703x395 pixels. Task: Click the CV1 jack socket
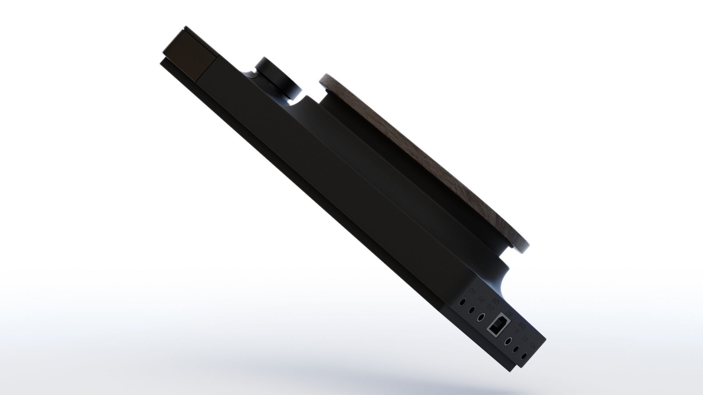click(x=463, y=302)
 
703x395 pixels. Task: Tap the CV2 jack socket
click(x=472, y=310)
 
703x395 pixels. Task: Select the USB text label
click(x=509, y=314)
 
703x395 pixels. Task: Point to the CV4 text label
click(x=533, y=346)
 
